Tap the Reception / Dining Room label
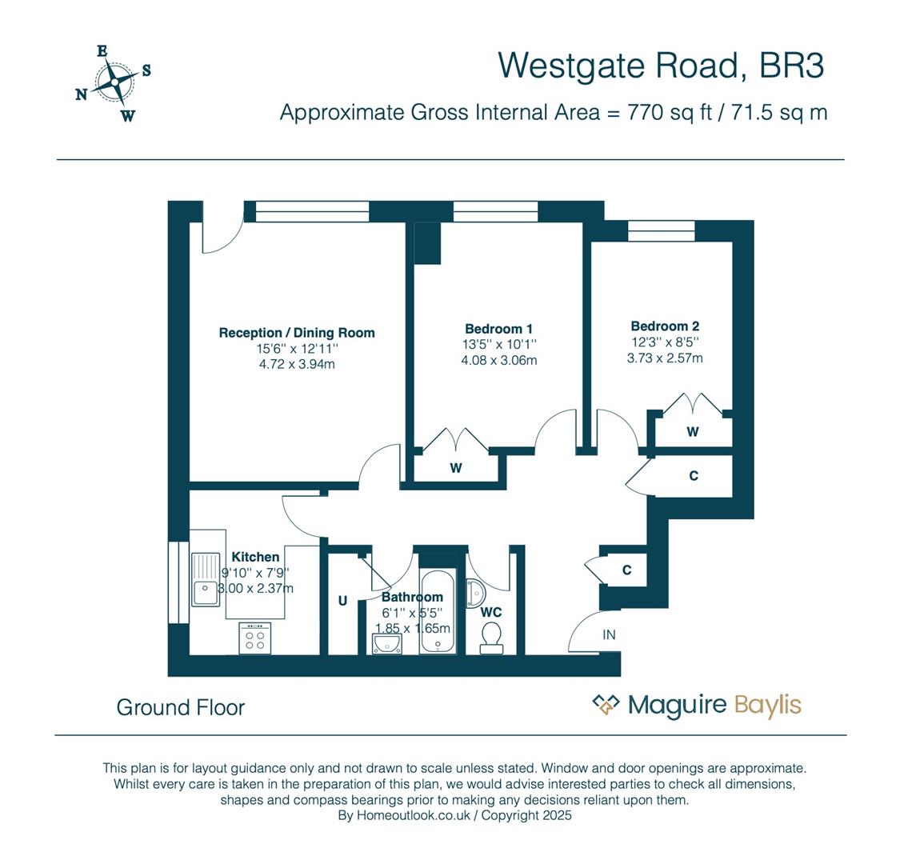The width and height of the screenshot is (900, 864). pos(297,333)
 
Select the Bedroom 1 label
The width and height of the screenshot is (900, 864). pos(498,329)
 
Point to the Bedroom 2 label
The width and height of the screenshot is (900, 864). pos(665,326)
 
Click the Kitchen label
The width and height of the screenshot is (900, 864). pos(255,557)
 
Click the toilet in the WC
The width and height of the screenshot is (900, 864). pos(491,638)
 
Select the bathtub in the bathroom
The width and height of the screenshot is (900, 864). pos(438,612)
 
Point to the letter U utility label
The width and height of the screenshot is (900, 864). pos(342,601)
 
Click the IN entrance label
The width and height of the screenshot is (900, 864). pos(609,635)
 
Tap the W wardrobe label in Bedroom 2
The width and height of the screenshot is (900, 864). pos(693,432)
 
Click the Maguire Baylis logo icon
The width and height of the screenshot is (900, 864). pos(606,705)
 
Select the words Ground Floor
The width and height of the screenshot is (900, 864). pos(180,707)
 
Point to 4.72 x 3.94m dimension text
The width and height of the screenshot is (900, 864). pos(296,365)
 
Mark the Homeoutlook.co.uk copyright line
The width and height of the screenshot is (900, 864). pos(454,816)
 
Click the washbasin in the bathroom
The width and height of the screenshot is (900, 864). pos(388,643)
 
